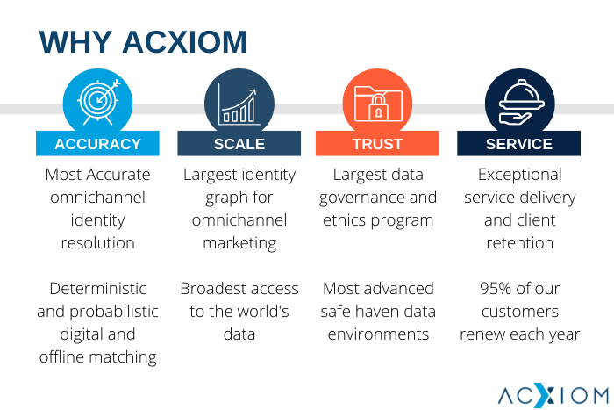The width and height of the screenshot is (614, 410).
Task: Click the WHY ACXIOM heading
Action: click(x=143, y=42)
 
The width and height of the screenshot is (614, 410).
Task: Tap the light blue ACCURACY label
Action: click(x=97, y=144)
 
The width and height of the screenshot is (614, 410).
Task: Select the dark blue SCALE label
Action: click(x=239, y=144)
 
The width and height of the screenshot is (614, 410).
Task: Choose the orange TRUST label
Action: click(x=377, y=144)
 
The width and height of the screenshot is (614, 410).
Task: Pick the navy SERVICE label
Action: click(x=519, y=144)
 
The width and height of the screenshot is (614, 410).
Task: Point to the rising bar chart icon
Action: click(x=239, y=104)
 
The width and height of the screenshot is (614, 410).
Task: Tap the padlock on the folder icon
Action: click(x=378, y=106)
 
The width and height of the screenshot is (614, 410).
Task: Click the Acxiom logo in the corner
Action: click(x=553, y=395)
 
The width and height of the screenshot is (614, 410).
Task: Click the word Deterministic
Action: click(x=98, y=289)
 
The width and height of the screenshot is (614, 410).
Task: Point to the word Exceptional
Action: click(x=520, y=175)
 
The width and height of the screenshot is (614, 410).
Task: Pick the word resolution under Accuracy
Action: click(x=98, y=243)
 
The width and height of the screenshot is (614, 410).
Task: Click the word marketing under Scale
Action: click(x=239, y=243)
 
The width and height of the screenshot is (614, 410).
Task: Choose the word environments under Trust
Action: click(x=378, y=334)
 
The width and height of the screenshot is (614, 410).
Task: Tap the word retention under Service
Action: click(x=520, y=243)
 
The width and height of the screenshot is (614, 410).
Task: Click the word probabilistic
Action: click(x=114, y=312)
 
